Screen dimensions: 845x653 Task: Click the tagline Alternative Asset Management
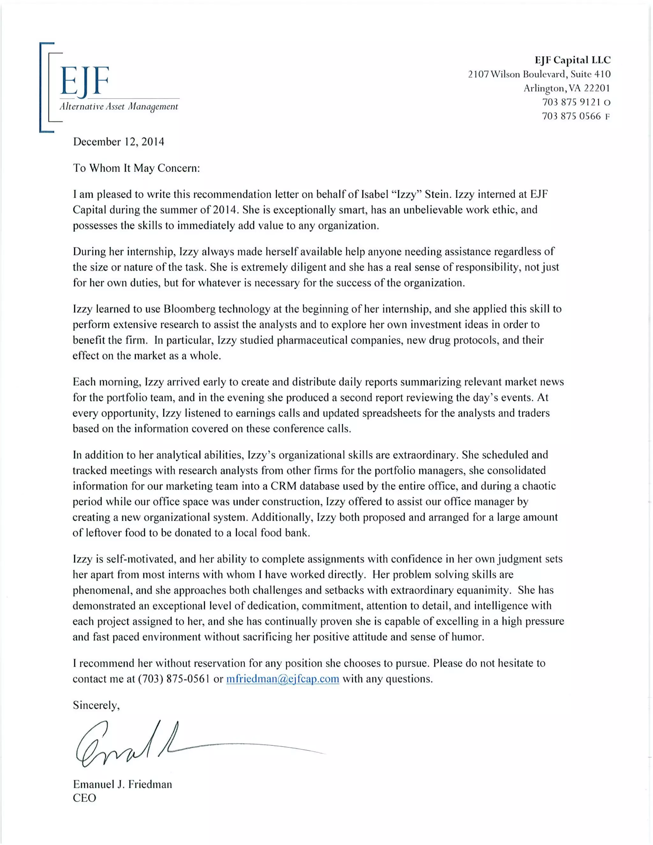(x=119, y=107)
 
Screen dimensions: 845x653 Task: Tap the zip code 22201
(x=597, y=88)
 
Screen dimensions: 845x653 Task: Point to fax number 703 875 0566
(x=571, y=116)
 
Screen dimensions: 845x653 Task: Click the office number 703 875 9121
(x=571, y=102)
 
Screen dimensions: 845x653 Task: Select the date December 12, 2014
(x=118, y=142)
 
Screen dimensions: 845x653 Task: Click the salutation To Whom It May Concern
(x=136, y=168)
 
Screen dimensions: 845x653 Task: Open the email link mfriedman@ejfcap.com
(x=282, y=679)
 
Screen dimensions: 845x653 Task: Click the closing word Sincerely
(x=96, y=705)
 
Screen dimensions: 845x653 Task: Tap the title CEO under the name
(x=84, y=798)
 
